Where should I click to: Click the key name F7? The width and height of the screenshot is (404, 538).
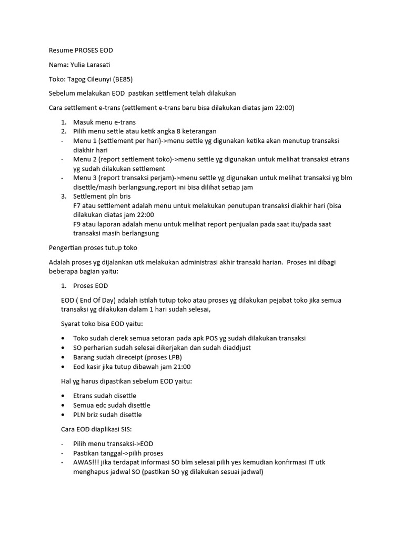[78, 205]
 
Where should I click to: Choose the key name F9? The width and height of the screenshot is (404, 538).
[78, 224]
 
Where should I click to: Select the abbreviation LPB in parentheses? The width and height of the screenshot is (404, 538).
[170, 357]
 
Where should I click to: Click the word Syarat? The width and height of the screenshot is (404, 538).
[72, 323]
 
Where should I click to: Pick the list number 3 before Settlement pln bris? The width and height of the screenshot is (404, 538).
[63, 196]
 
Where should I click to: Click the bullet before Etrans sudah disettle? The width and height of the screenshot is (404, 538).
[64, 396]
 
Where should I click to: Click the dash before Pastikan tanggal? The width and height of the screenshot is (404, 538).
[63, 453]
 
